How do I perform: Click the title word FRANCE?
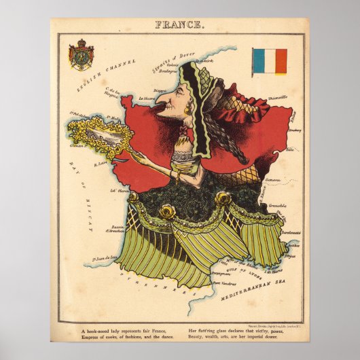coord(179,25)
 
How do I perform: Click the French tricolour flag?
coord(270,60)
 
